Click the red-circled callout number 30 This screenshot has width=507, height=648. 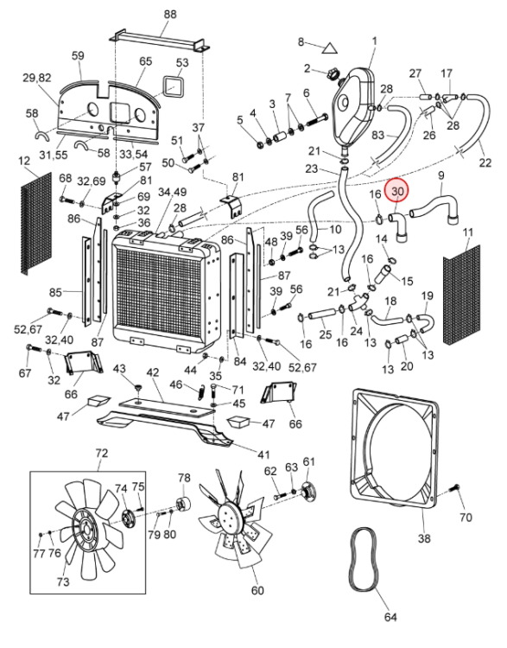pyautogui.click(x=396, y=191)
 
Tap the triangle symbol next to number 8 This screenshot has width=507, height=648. pyautogui.click(x=329, y=48)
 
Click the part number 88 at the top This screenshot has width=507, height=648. pyautogui.click(x=170, y=14)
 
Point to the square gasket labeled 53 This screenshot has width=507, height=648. pyautogui.click(x=173, y=86)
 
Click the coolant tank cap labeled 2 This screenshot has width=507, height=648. pyautogui.click(x=332, y=75)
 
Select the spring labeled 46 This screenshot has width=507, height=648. pyautogui.click(x=201, y=391)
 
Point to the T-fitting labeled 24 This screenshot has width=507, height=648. pyautogui.click(x=357, y=302)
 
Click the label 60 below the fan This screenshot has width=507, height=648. pyautogui.click(x=257, y=590)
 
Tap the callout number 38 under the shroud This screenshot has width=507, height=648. pyautogui.click(x=424, y=538)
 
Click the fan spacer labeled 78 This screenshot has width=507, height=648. pyautogui.click(x=183, y=504)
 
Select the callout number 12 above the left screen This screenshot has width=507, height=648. pyautogui.click(x=25, y=161)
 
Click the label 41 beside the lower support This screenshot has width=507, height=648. pyautogui.click(x=263, y=454)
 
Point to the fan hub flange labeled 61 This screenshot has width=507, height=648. pyautogui.click(x=307, y=492)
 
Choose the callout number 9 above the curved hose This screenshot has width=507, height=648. pyautogui.click(x=440, y=175)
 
